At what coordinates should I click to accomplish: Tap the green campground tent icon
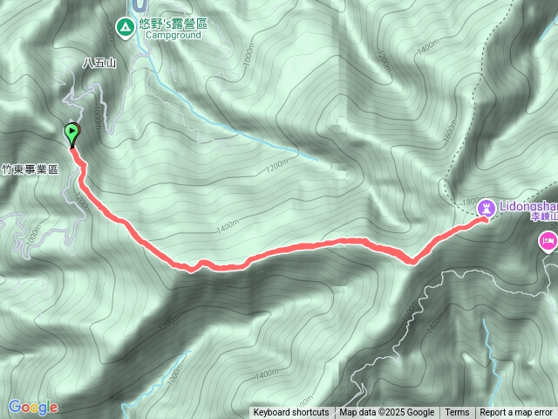pyautogui.click(x=126, y=26)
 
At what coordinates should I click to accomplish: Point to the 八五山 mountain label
pyautogui.click(x=99, y=63)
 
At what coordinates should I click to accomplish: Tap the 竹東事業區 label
pyautogui.click(x=30, y=170)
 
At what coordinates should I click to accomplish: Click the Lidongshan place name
pyautogui.click(x=528, y=208)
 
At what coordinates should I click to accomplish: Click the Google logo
pyautogui.click(x=32, y=407)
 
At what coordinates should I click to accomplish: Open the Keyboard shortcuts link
pyautogui.click(x=291, y=413)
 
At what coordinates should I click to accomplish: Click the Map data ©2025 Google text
pyautogui.click(x=387, y=413)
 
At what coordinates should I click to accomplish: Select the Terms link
pyautogui.click(x=457, y=413)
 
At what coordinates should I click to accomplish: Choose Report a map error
pyautogui.click(x=517, y=413)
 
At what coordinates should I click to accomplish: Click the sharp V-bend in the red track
pyautogui.click(x=412, y=259)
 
